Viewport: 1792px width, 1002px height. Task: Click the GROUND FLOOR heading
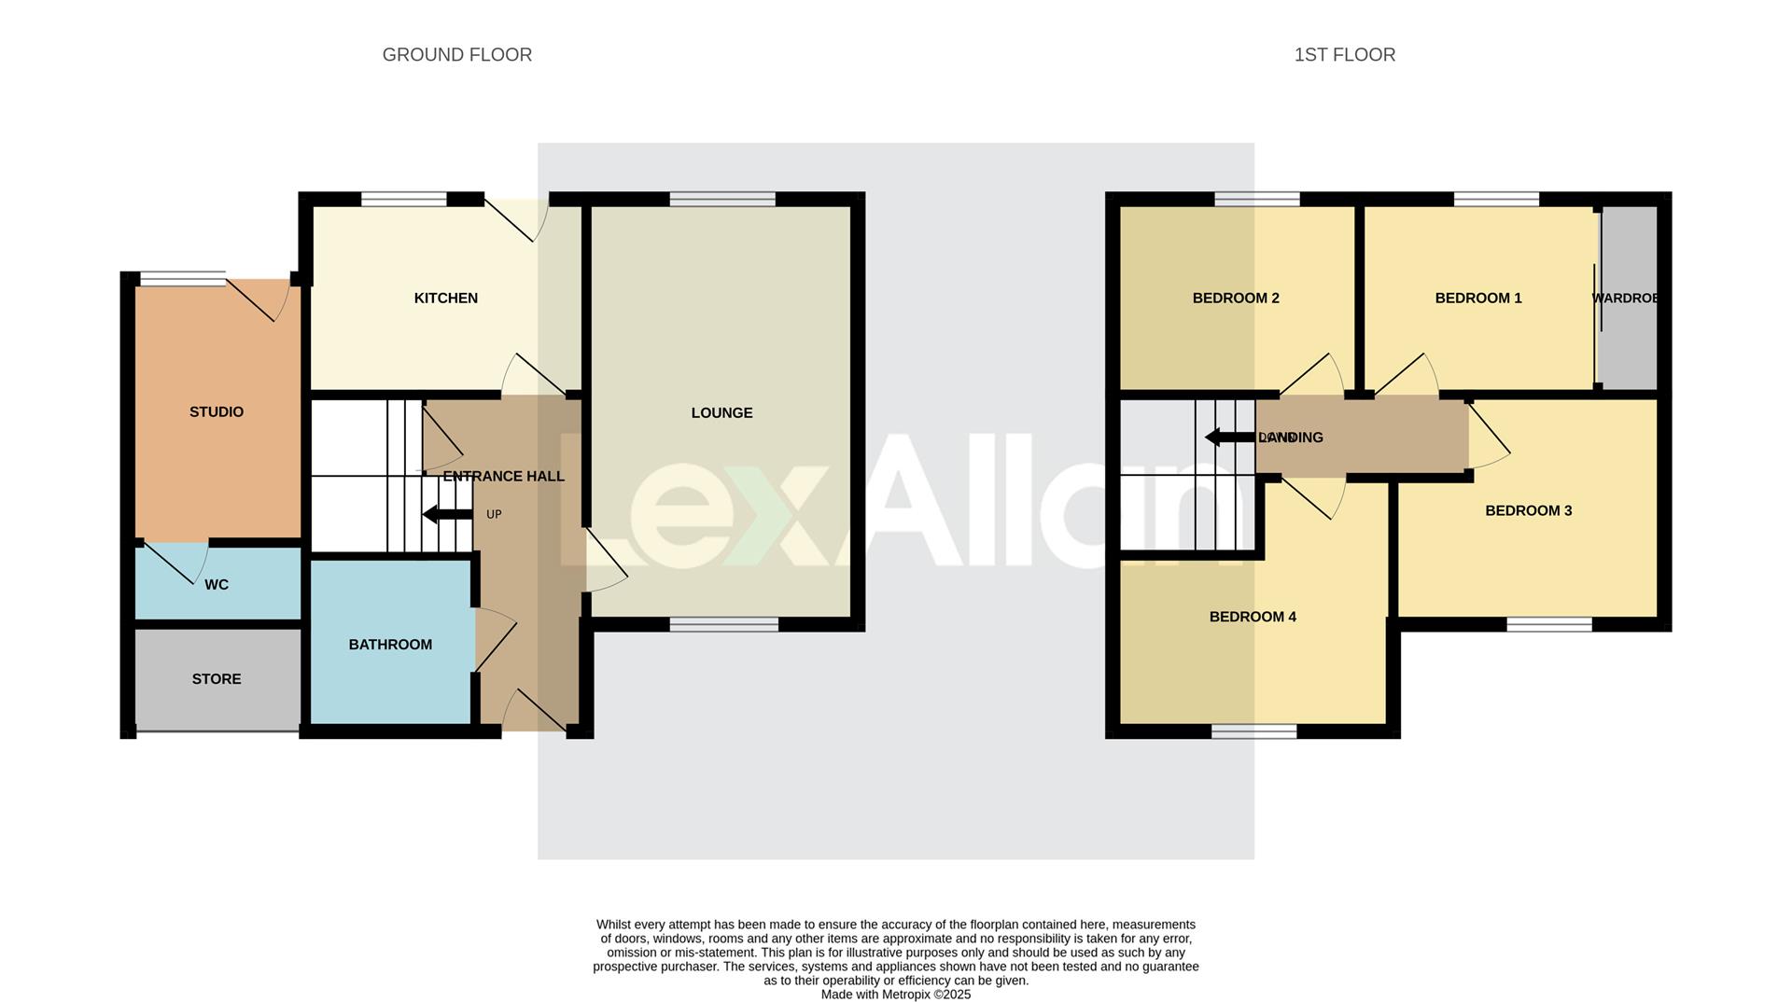click(x=456, y=55)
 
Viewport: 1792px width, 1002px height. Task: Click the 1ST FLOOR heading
click(x=1344, y=55)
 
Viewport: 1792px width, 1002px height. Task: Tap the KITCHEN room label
click(x=445, y=299)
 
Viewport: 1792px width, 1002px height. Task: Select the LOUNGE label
click(x=721, y=413)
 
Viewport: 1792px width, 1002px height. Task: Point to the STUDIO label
click(x=217, y=412)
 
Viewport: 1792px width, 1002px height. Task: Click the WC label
click(x=217, y=585)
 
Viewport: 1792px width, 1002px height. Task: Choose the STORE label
click(x=217, y=679)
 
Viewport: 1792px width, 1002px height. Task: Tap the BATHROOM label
click(x=390, y=645)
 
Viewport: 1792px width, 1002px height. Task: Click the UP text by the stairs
click(x=494, y=515)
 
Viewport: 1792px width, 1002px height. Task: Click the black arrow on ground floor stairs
click(x=447, y=514)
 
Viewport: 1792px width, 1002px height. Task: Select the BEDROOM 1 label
click(x=1477, y=299)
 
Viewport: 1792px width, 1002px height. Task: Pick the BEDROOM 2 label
click(x=1236, y=299)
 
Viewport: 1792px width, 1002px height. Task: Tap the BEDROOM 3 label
click(x=1528, y=511)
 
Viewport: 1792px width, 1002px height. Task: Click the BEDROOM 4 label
click(x=1253, y=617)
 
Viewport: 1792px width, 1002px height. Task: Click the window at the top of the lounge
click(x=722, y=199)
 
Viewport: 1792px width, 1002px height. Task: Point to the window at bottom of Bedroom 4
click(x=1253, y=732)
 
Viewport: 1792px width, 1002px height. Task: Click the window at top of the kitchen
click(x=403, y=199)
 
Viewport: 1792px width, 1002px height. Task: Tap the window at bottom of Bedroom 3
click(x=1548, y=625)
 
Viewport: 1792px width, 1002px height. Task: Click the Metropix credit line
click(x=895, y=995)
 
